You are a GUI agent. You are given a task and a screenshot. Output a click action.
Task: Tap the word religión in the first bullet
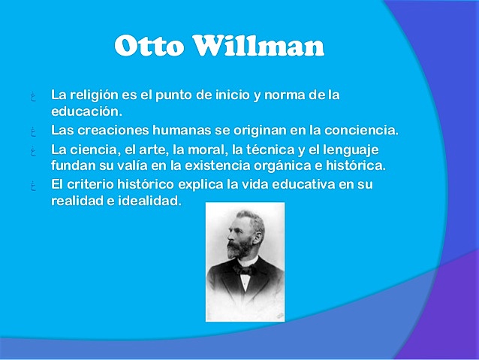pyautogui.click(x=95, y=96)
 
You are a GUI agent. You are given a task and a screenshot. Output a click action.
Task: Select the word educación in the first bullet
pyautogui.click(x=86, y=112)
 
